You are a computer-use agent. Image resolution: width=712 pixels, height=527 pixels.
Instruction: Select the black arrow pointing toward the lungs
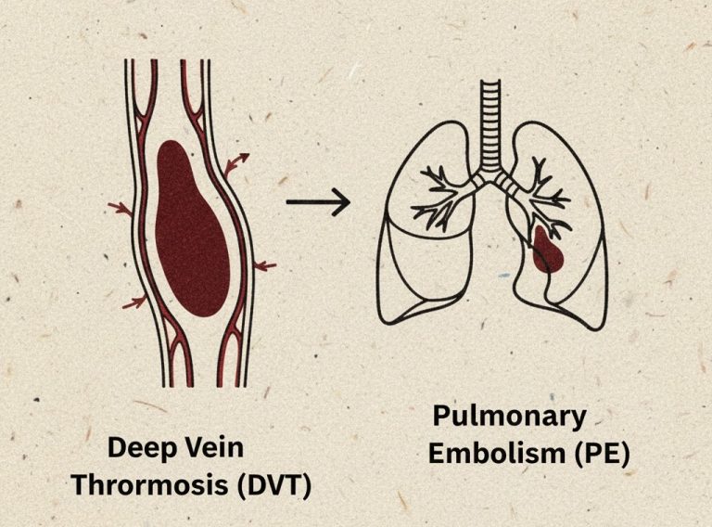pyautogui.click(x=317, y=201)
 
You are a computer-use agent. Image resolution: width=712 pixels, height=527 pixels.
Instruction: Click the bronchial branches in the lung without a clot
pyautogui.click(x=443, y=194)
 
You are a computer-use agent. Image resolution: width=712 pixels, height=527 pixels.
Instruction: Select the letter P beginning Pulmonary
pyautogui.click(x=441, y=415)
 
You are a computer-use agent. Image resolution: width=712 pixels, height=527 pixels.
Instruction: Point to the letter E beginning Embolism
pyautogui.click(x=435, y=455)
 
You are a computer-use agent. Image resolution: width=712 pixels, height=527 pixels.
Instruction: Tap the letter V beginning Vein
pyautogui.click(x=197, y=448)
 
